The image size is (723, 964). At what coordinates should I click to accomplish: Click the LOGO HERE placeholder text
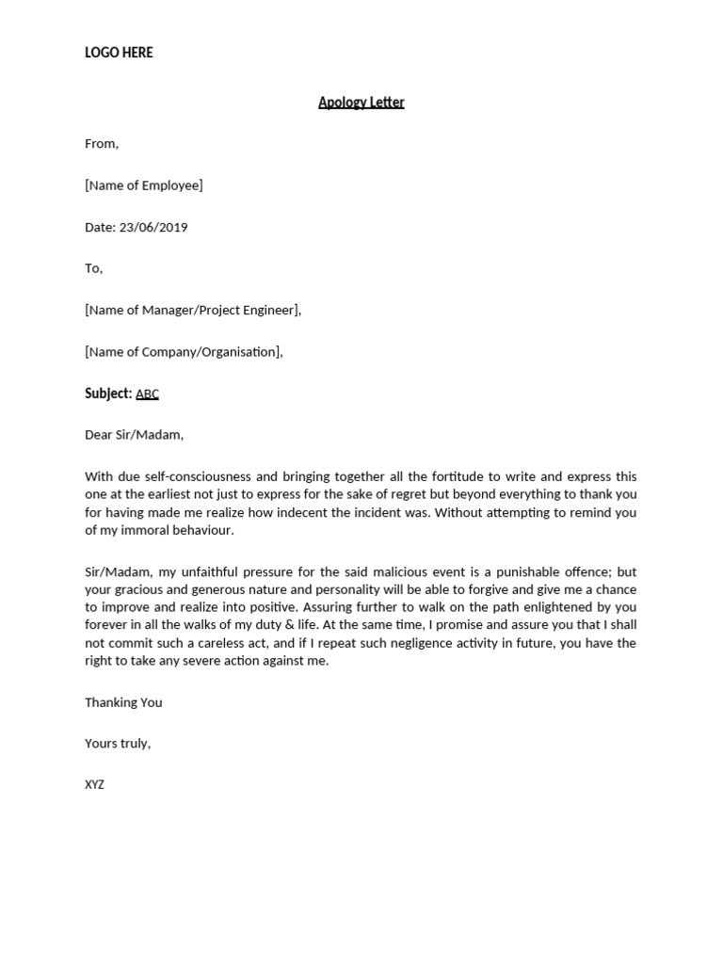coord(119,53)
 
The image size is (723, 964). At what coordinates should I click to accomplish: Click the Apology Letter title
coord(361,103)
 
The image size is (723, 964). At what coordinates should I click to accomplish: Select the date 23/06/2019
coord(153,227)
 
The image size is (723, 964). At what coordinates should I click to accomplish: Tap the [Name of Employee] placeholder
coord(143,185)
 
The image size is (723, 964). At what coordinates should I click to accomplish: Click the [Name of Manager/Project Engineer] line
coord(193,310)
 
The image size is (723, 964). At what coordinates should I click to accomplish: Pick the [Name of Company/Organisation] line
coord(184,352)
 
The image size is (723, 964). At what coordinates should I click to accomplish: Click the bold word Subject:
coord(108,394)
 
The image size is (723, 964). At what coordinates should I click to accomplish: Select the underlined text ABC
coord(148,394)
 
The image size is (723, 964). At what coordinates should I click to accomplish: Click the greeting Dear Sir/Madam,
coord(134,435)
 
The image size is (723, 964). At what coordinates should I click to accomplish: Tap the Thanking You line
coord(123,702)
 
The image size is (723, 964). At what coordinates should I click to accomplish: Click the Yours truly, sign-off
coord(118,744)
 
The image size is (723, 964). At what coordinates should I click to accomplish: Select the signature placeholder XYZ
coord(94,784)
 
